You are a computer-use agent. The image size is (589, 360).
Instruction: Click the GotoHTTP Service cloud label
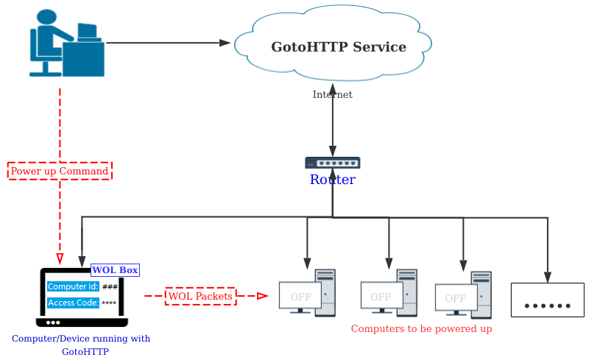tap(338, 47)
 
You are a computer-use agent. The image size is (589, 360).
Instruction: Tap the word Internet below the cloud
tap(332, 95)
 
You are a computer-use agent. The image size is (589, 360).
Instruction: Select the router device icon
tap(333, 163)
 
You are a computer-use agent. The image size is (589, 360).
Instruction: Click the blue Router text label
tap(332, 180)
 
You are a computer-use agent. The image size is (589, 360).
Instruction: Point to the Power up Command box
tap(60, 172)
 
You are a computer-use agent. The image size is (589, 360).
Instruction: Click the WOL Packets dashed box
tap(200, 297)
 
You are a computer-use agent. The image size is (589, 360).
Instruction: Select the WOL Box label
tap(115, 270)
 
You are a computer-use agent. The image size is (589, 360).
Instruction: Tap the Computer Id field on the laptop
tap(73, 286)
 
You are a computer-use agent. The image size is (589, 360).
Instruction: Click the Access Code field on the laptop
tap(73, 303)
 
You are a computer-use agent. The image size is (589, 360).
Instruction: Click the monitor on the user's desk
tap(88, 32)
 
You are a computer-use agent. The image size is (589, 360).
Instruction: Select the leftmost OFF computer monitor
tap(300, 297)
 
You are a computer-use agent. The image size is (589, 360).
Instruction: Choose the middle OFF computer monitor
tap(381, 297)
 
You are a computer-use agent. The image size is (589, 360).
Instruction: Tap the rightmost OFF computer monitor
tap(456, 298)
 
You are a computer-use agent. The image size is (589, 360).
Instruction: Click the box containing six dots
tap(547, 300)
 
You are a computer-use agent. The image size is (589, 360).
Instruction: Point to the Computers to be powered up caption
tap(421, 329)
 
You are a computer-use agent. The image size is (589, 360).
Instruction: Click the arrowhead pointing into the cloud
tap(225, 43)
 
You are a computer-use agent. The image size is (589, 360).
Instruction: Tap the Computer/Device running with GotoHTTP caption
tap(82, 345)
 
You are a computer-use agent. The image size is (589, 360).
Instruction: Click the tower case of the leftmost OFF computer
tap(325, 292)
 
